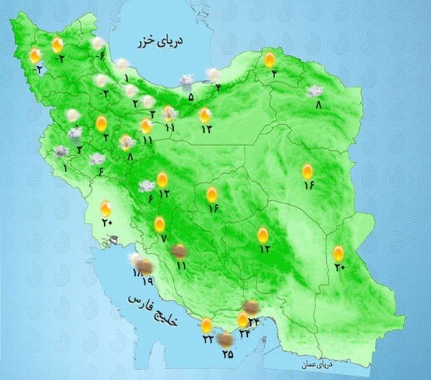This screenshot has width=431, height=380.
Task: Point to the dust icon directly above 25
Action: click(x=225, y=338)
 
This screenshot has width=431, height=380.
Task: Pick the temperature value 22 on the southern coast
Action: click(x=208, y=338)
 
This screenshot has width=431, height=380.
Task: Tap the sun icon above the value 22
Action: click(x=206, y=324)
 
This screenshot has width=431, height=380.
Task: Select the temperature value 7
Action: click(x=162, y=238)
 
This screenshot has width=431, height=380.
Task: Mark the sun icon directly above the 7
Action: click(x=159, y=224)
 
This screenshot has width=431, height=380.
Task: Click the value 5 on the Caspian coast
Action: click(x=190, y=97)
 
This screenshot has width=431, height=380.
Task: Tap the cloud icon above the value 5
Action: click(x=186, y=81)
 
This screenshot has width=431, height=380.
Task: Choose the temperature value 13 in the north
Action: click(x=207, y=129)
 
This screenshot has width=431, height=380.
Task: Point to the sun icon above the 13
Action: click(x=205, y=114)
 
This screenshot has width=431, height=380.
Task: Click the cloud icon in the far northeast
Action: click(x=314, y=91)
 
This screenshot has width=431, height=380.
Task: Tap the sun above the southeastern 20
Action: click(x=338, y=253)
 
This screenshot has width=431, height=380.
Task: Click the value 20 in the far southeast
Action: click(x=340, y=268)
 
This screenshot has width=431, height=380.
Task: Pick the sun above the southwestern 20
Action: click(x=106, y=209)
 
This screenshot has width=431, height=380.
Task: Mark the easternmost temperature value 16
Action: click(x=309, y=185)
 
